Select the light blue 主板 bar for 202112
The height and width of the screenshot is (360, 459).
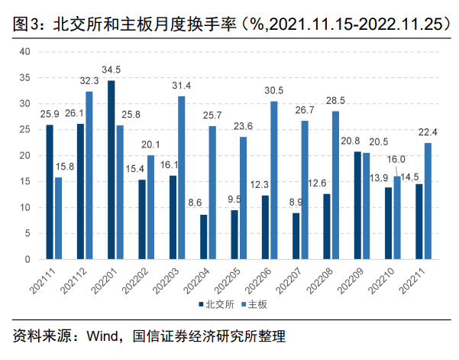[x=89, y=175]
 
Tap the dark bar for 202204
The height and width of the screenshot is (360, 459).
[x=203, y=237]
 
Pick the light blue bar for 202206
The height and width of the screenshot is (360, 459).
[x=273, y=180]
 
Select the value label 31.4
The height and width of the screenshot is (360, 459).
[x=182, y=86]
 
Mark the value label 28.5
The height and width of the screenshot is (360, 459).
[x=335, y=101]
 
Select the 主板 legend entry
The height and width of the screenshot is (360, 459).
[x=256, y=303]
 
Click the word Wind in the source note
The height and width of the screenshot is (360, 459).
[x=102, y=336]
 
